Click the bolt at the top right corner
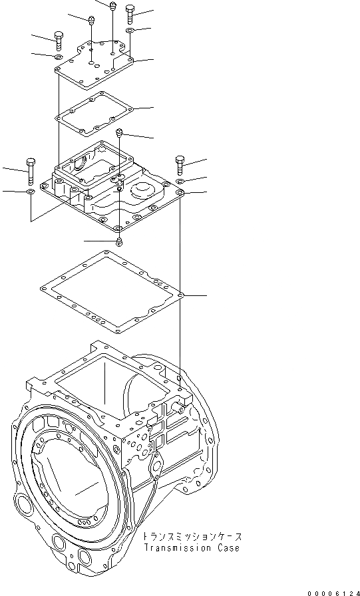point(130,14)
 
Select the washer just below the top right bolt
point(130,31)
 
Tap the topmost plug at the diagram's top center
point(112,7)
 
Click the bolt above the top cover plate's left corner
point(59,41)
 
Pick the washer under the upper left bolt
point(59,59)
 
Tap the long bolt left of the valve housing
point(31,172)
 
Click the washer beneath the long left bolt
point(31,192)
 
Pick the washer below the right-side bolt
point(180,181)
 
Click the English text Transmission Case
point(191,548)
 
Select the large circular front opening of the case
point(67,482)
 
